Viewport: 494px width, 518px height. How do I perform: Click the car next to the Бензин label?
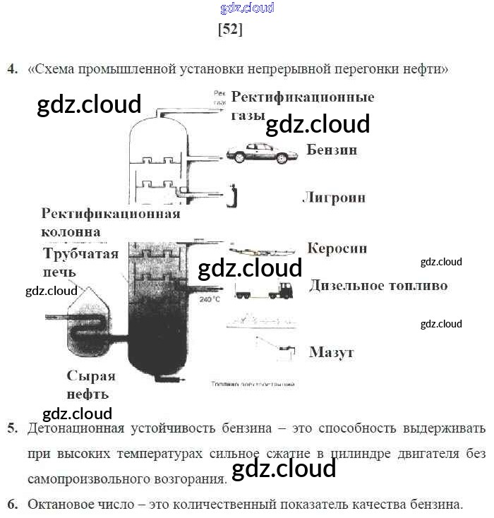(x=258, y=153)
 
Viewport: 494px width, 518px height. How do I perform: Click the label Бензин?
(x=332, y=150)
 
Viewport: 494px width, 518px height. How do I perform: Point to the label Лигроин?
(x=334, y=197)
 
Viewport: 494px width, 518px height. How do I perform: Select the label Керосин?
(x=337, y=248)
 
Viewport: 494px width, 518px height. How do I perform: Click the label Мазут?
(x=331, y=351)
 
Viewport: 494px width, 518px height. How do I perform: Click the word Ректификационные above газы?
(x=303, y=97)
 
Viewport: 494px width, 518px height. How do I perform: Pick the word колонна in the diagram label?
(x=71, y=231)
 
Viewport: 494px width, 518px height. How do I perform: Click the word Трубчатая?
(x=80, y=253)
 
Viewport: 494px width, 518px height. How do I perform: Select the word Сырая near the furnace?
(x=91, y=375)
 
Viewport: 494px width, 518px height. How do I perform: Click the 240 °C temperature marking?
(x=210, y=299)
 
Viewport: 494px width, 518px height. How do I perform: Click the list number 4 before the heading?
(x=11, y=69)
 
